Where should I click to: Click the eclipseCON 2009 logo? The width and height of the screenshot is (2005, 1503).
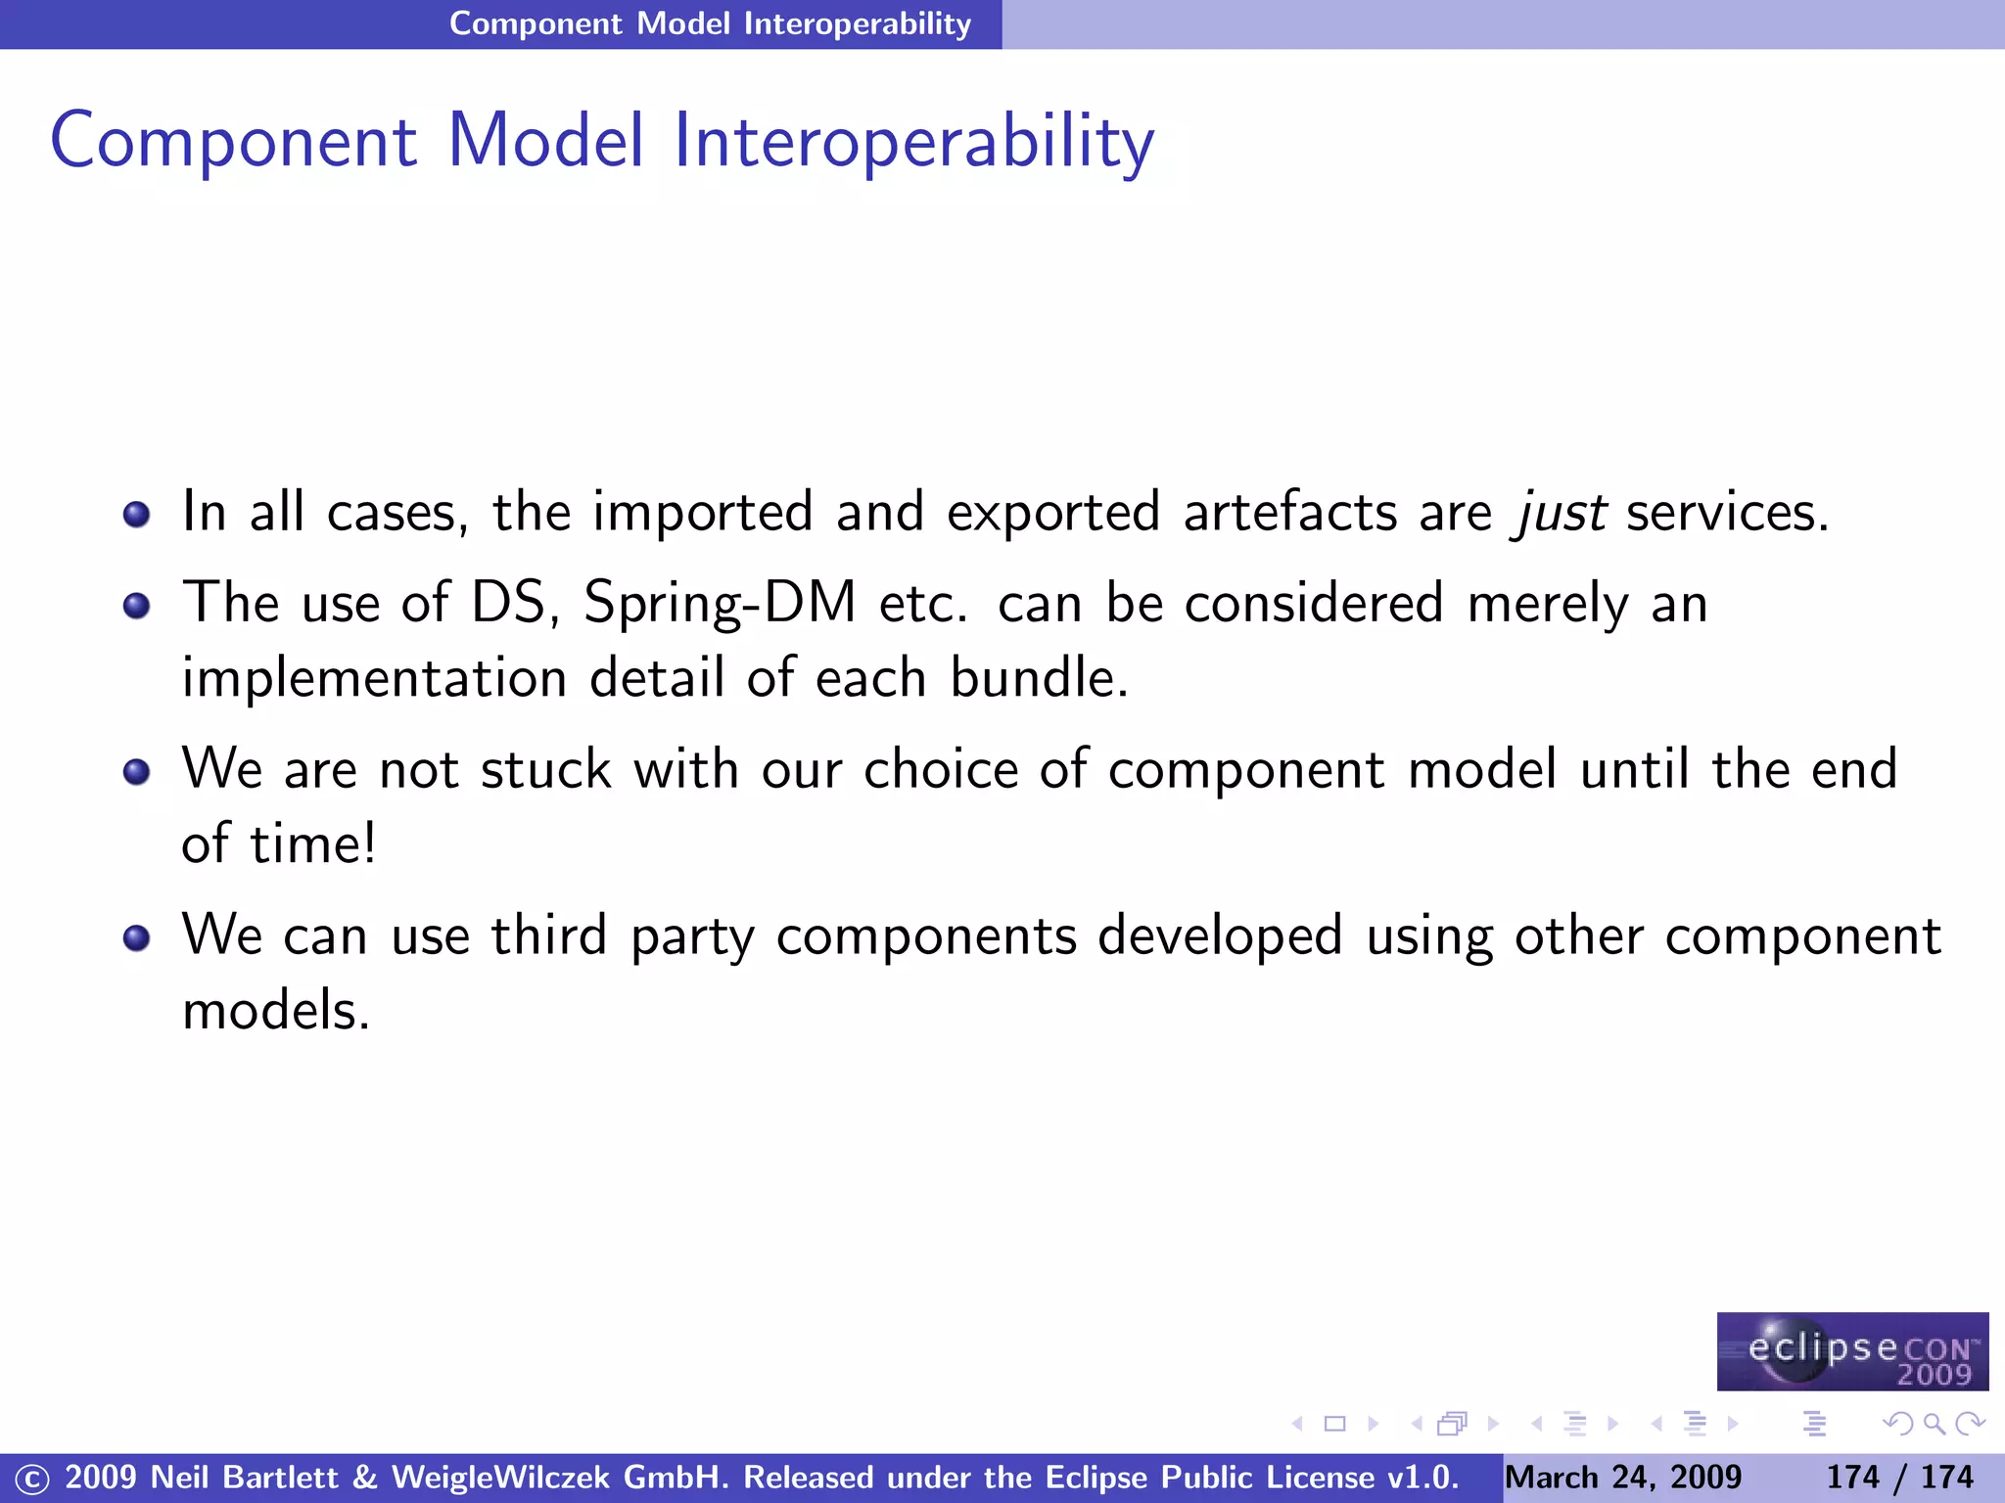point(1851,1351)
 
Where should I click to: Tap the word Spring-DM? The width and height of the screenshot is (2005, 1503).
point(720,603)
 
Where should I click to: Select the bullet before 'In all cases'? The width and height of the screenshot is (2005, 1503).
point(137,514)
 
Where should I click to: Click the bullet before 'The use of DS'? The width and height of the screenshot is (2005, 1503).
point(137,606)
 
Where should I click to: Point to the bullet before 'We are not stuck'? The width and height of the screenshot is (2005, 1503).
point(137,772)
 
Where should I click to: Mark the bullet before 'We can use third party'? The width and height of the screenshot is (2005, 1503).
point(137,938)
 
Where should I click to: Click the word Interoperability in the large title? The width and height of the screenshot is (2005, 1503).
point(913,142)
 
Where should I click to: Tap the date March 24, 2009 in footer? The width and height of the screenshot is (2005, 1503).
point(1623,1477)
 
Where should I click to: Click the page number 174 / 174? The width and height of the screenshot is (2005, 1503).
point(1899,1477)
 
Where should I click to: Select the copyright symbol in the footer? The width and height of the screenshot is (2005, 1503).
point(31,1479)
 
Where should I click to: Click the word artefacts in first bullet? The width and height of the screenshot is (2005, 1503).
point(1289,513)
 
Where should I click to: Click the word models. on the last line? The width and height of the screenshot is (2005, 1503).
point(276,1011)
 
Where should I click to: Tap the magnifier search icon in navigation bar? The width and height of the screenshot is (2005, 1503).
point(1934,1424)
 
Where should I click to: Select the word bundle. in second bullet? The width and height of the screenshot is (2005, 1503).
point(1039,678)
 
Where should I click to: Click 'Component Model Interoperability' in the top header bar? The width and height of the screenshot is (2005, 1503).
point(710,23)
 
